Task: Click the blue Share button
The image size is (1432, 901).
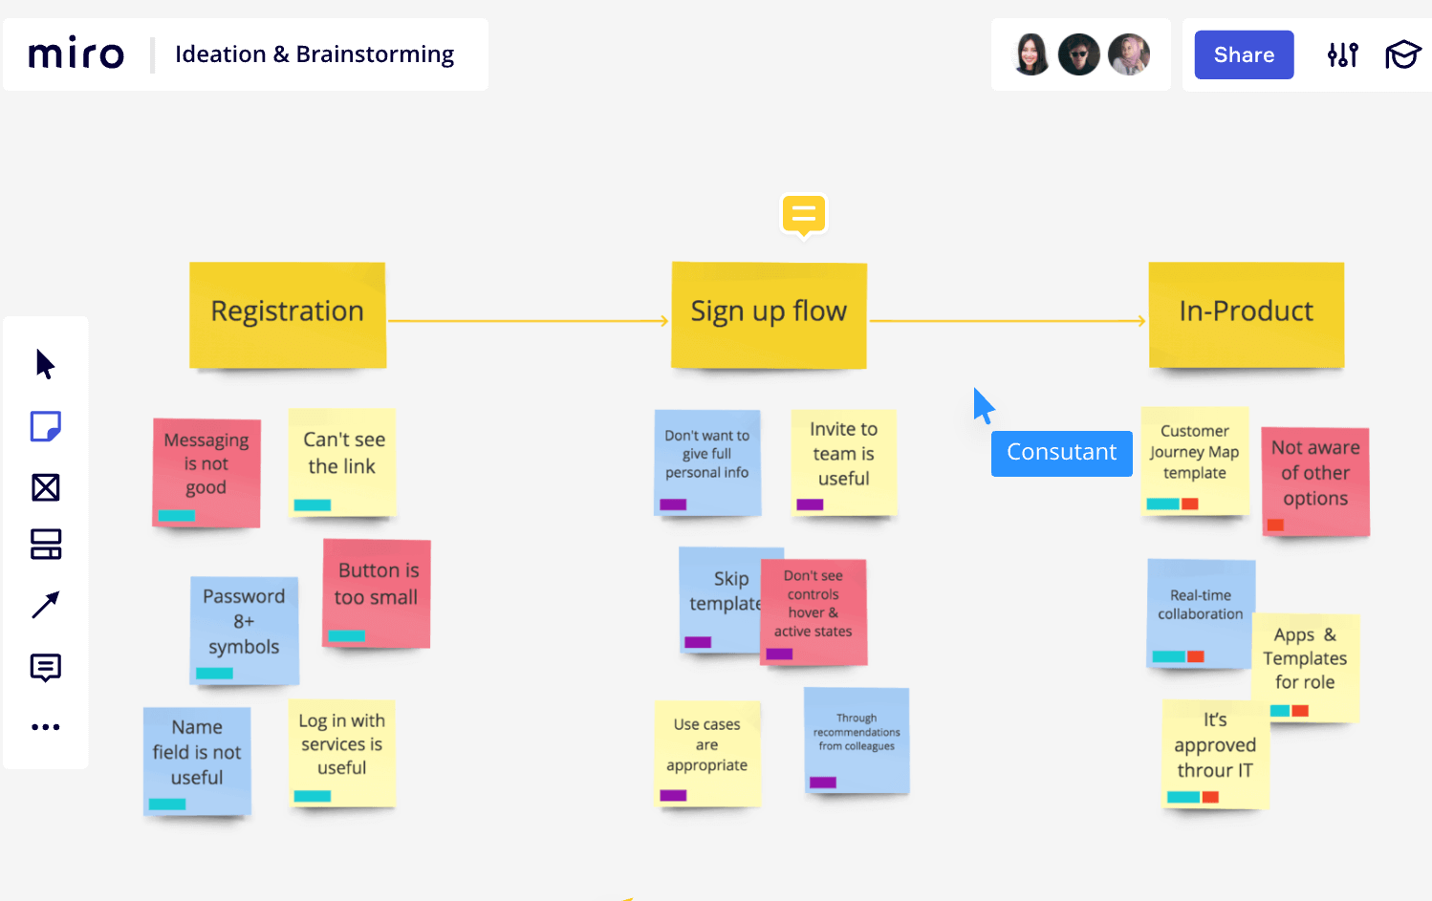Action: point(1244,55)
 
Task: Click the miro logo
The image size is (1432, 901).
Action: point(76,54)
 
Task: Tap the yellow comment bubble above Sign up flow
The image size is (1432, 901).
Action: point(803,214)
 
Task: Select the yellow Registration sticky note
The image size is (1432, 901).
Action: point(288,314)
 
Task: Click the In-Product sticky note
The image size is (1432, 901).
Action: point(1246,314)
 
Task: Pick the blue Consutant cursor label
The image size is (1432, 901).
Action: point(1061,453)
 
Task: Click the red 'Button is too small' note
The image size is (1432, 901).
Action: point(377,592)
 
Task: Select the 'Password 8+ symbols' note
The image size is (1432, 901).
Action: point(244,628)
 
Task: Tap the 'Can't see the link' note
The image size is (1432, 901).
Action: point(342,461)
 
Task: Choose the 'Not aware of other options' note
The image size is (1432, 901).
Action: point(1315,480)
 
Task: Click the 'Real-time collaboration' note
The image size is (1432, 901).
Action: point(1201,611)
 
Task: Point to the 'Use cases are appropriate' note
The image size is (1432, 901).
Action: point(706,752)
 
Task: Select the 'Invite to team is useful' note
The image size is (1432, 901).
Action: point(843,461)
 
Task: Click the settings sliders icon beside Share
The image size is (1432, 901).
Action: point(1343,55)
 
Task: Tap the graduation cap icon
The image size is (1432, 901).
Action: point(1402,55)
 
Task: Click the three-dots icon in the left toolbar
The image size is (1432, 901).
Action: point(46,727)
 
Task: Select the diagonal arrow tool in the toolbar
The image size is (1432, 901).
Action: point(46,605)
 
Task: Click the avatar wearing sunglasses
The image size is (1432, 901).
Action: point(1079,55)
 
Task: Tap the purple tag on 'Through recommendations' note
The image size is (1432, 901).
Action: point(822,783)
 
